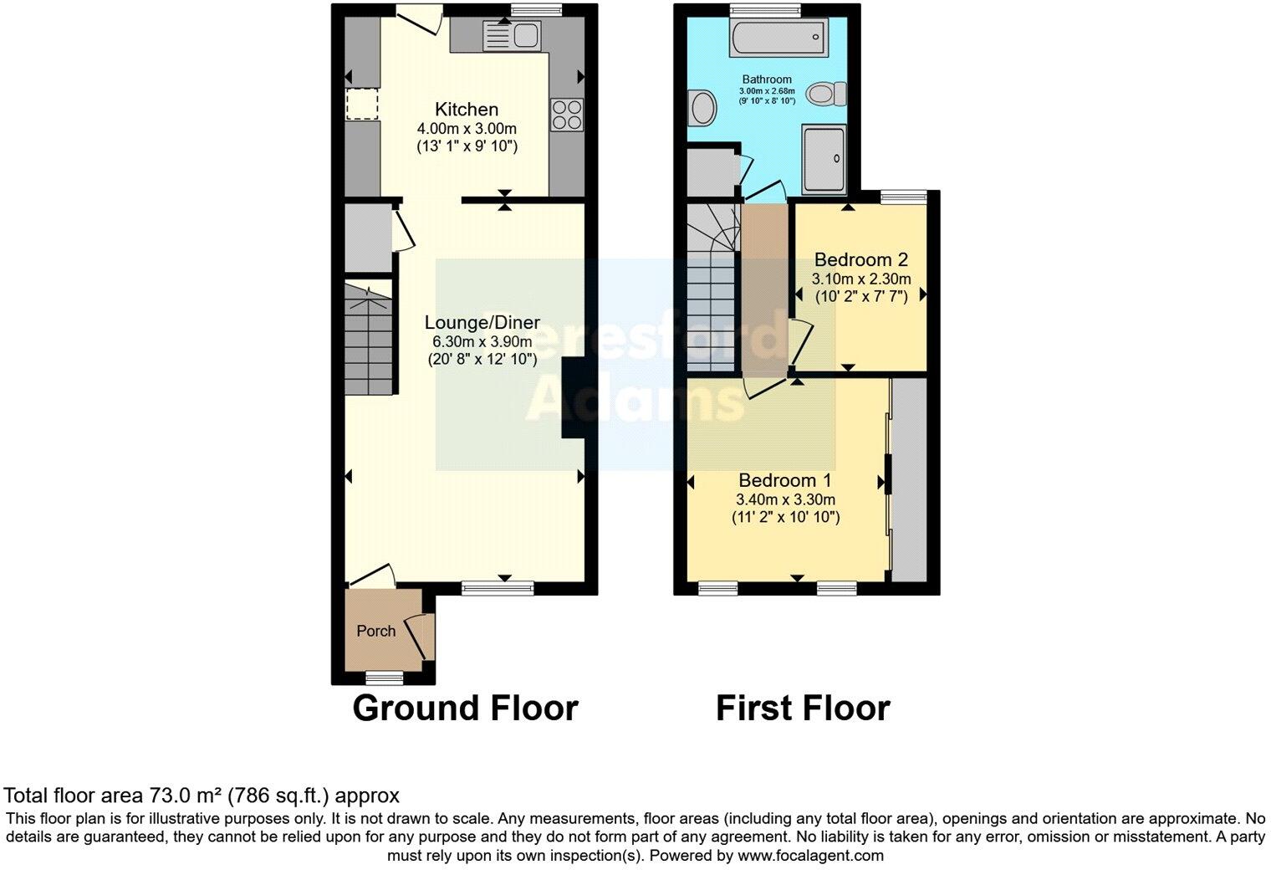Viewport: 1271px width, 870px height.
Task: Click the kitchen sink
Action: pos(513,36)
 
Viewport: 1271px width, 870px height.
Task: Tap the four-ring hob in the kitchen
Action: pos(566,115)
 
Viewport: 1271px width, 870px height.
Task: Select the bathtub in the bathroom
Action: pos(778,38)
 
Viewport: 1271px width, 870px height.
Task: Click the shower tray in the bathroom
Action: pos(824,160)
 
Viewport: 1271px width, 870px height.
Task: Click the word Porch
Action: pos(376,631)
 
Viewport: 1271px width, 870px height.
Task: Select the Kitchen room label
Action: pos(467,110)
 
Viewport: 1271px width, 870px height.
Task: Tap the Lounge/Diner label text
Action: pos(482,323)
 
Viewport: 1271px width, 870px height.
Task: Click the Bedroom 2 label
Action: pos(860,259)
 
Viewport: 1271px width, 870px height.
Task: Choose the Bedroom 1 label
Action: pos(784,481)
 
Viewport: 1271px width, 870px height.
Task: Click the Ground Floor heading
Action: pos(465,708)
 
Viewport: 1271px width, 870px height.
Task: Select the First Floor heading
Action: pos(803,708)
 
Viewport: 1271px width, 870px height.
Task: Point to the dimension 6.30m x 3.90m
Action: pos(482,342)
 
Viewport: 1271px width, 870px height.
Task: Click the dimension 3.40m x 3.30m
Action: pos(785,500)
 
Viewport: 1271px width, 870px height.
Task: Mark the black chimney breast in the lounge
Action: pos(573,398)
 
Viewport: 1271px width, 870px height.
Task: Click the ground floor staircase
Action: pos(368,339)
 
